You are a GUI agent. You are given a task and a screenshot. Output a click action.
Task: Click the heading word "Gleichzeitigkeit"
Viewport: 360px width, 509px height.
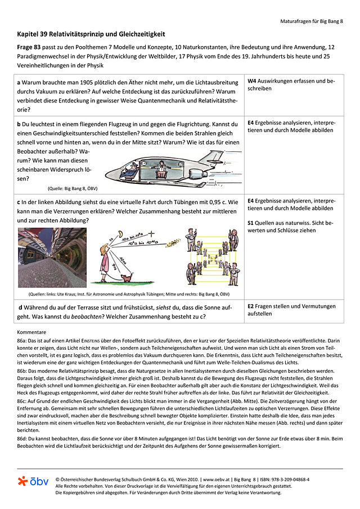(x=139, y=35)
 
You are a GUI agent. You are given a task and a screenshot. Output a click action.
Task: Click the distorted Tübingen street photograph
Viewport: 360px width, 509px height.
(x=52, y=258)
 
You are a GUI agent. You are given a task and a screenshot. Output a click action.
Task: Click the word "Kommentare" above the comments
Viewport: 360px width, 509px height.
(x=31, y=332)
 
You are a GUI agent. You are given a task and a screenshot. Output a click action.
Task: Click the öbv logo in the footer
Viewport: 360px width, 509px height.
(x=33, y=481)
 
